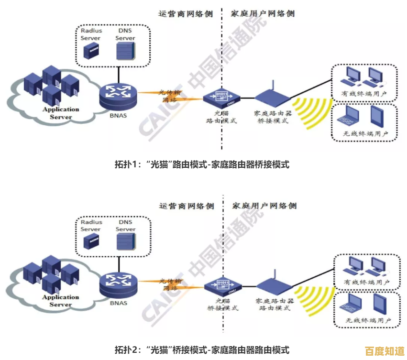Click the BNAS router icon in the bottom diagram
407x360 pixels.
coord(118,284)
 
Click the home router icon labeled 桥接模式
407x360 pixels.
coord(272,97)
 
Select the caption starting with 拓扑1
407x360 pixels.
coord(202,164)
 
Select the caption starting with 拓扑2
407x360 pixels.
coord(202,349)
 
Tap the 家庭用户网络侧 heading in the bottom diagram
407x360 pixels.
coord(264,206)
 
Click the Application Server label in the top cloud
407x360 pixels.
coord(61,113)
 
